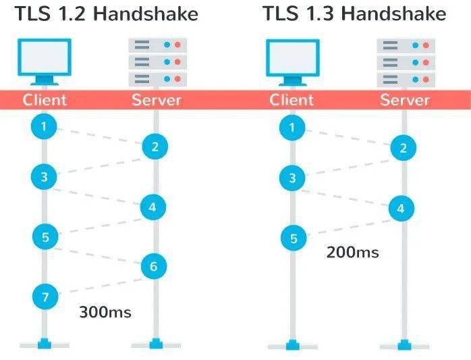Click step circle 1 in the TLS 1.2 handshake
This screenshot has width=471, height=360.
pos(44,126)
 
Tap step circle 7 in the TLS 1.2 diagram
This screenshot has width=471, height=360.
pos(45,297)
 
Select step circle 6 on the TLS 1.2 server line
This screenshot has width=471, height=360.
pos(154,266)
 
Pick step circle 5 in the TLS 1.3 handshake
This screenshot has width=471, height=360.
pos(294,238)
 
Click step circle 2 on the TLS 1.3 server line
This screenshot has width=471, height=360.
pos(403,148)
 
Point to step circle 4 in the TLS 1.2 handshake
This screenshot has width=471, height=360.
pos(153,207)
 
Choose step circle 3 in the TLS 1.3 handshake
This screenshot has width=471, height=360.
pos(292,178)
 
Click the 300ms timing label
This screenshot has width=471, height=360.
pos(105,312)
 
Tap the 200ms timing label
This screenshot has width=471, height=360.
pos(352,252)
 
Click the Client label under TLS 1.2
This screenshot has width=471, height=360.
pos(45,100)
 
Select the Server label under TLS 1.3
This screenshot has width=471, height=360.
pos(405,100)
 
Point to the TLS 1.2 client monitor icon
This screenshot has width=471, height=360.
pos(45,61)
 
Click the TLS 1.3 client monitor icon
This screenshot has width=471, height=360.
pos(293,62)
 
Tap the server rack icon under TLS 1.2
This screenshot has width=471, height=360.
pos(158,62)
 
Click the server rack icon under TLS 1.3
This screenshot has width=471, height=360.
pos(406,63)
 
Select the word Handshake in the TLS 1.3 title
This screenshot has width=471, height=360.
pos(394,14)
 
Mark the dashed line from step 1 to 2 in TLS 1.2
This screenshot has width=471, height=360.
pos(99,136)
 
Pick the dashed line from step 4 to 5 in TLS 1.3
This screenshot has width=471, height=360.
pos(349,228)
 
